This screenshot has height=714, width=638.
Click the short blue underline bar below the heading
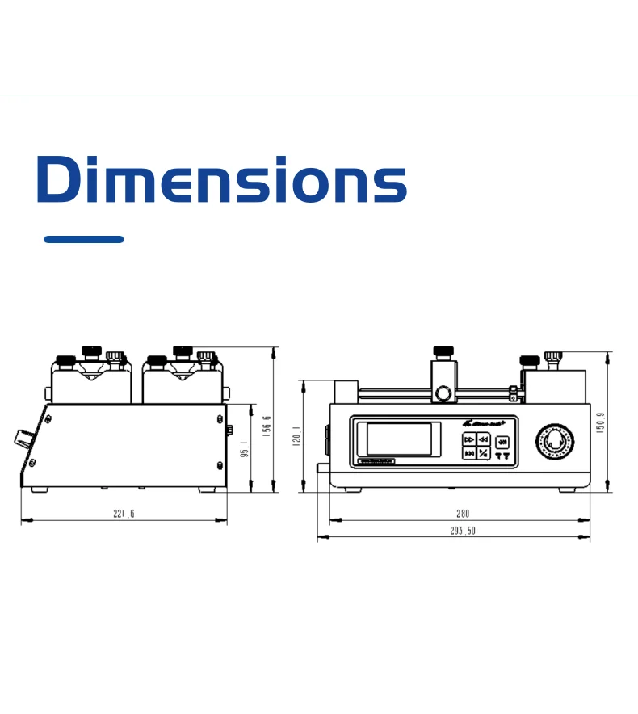pos(83,239)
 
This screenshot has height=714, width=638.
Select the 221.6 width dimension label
pos(124,514)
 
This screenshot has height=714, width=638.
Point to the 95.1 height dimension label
pos(245,448)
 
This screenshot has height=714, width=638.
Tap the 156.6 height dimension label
pos(267,424)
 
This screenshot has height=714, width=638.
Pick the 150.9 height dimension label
pos(600,422)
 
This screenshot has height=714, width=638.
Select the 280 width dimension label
pos(462,514)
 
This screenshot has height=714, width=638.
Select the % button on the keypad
pos(482,454)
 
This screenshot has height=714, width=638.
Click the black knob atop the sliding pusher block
pos(443,351)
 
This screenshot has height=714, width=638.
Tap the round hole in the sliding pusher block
pos(443,393)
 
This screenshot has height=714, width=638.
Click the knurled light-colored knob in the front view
pos(555,357)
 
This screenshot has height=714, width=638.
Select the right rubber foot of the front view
pos(567,488)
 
